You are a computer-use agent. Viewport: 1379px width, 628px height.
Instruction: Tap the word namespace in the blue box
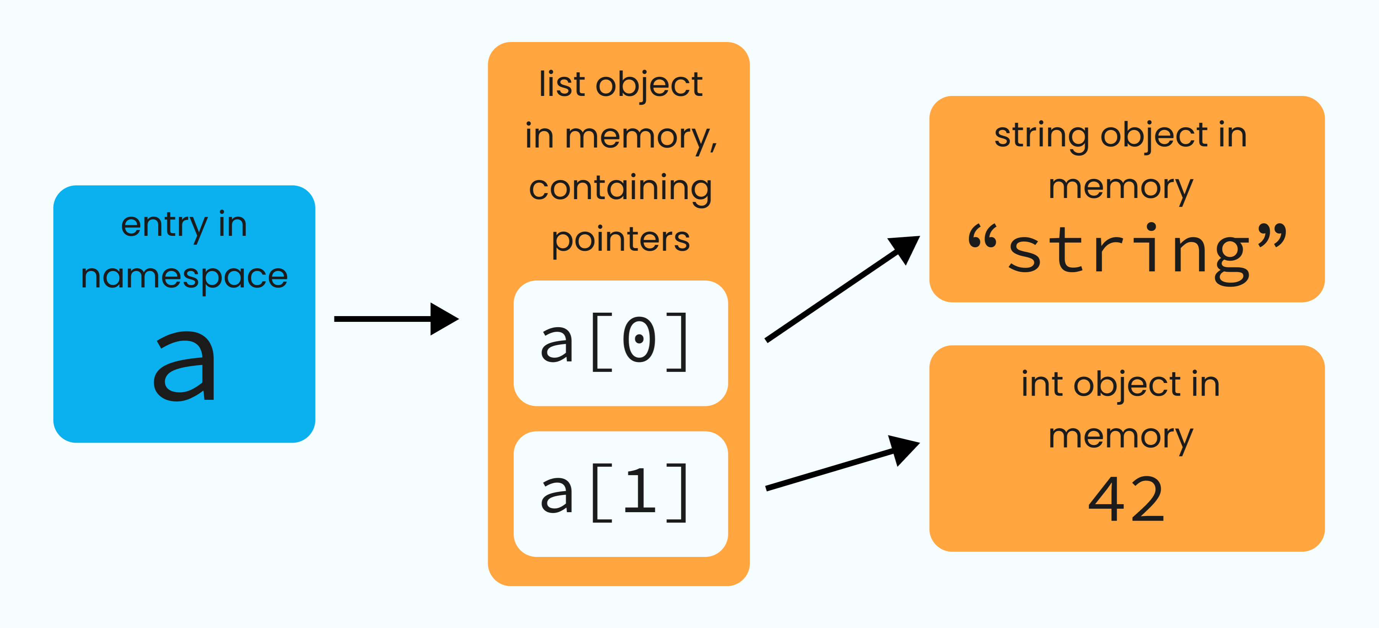[184, 277]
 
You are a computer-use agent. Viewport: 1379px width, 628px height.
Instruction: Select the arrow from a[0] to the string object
[840, 289]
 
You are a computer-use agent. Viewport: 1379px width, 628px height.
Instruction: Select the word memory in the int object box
[1121, 437]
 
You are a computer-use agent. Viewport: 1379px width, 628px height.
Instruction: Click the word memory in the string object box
[1121, 187]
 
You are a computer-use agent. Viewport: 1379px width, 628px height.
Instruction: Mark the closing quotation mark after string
[1272, 237]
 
